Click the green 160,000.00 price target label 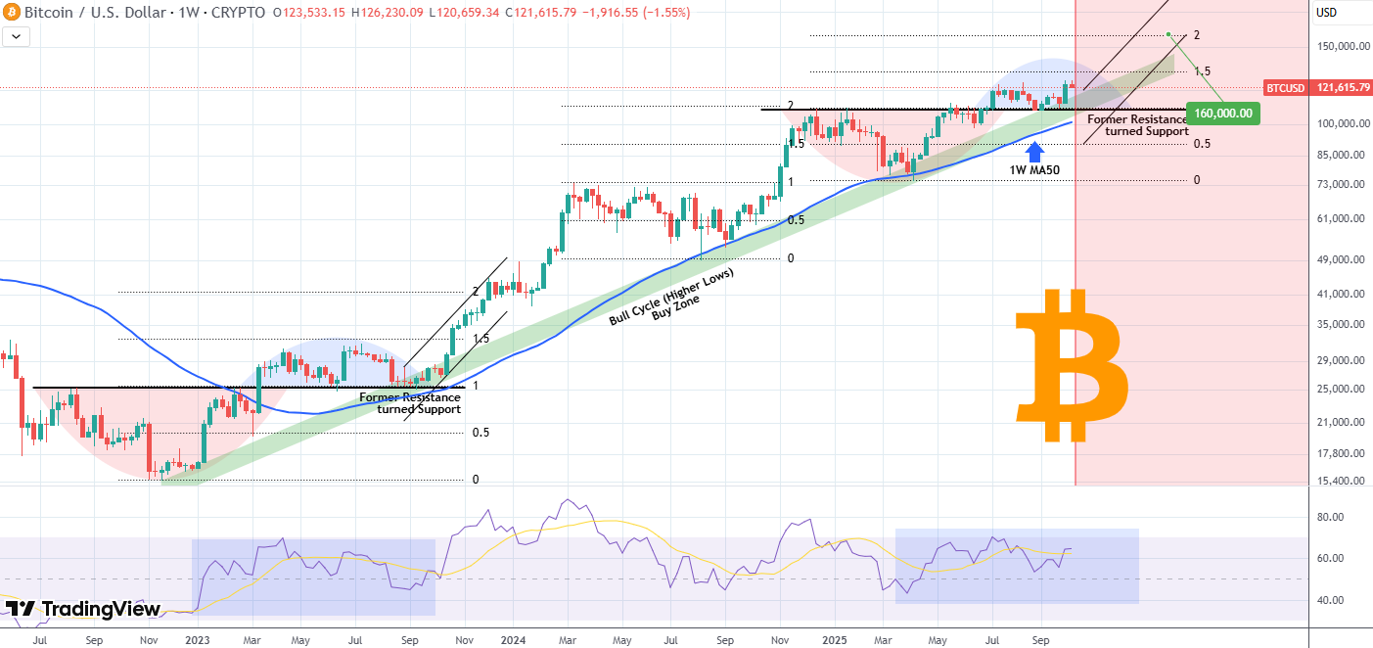coord(1222,113)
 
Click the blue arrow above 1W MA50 coord(1035,150)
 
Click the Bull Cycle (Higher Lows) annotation coord(671,295)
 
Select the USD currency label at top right coord(1327,13)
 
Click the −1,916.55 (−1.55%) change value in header coord(631,13)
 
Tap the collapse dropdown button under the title coord(17,36)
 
